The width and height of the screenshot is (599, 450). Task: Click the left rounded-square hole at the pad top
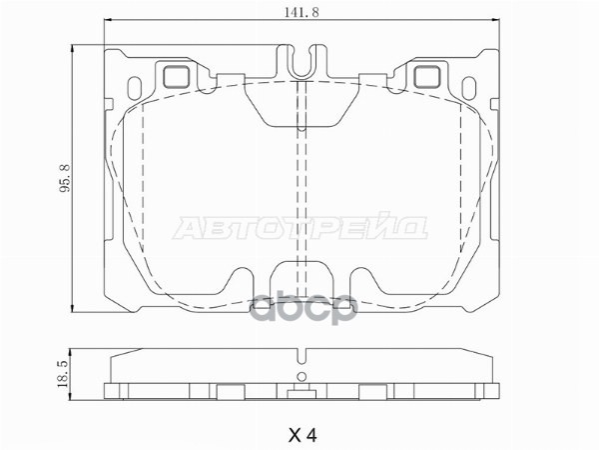click(177, 74)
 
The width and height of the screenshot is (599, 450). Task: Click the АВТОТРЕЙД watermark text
click(301, 228)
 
